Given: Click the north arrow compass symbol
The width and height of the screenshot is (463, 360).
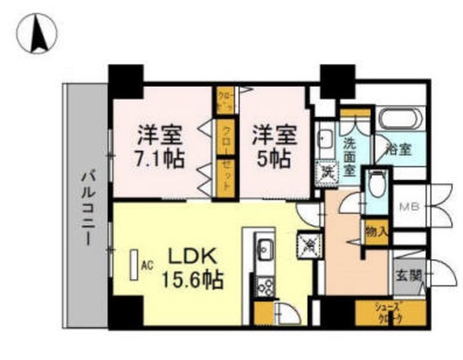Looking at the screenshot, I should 38,34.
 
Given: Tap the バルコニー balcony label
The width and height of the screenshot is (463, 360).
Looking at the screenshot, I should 86,206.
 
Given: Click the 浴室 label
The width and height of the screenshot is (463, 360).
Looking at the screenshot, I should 399,150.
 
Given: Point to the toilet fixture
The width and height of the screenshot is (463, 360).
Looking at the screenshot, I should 375,187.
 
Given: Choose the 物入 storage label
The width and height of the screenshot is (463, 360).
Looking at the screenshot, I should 377,232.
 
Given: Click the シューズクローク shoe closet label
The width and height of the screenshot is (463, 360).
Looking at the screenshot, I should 388,313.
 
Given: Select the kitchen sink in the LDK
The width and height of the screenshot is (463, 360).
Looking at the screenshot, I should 265,248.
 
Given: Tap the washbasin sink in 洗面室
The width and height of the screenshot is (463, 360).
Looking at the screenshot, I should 325,137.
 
